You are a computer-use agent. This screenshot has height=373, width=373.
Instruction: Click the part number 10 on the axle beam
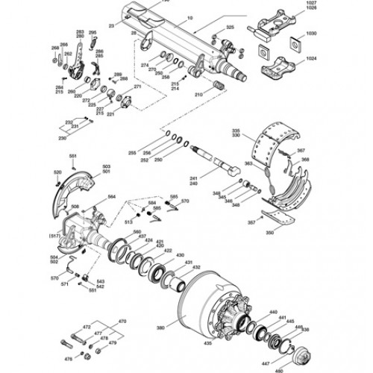tap(189, 16)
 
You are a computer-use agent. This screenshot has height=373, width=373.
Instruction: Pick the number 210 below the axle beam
tap(198, 95)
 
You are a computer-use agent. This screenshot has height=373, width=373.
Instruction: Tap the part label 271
tap(137, 87)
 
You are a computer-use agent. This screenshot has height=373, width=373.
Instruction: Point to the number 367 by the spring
tap(301, 151)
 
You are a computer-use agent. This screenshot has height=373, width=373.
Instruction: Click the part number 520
tap(57, 172)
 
